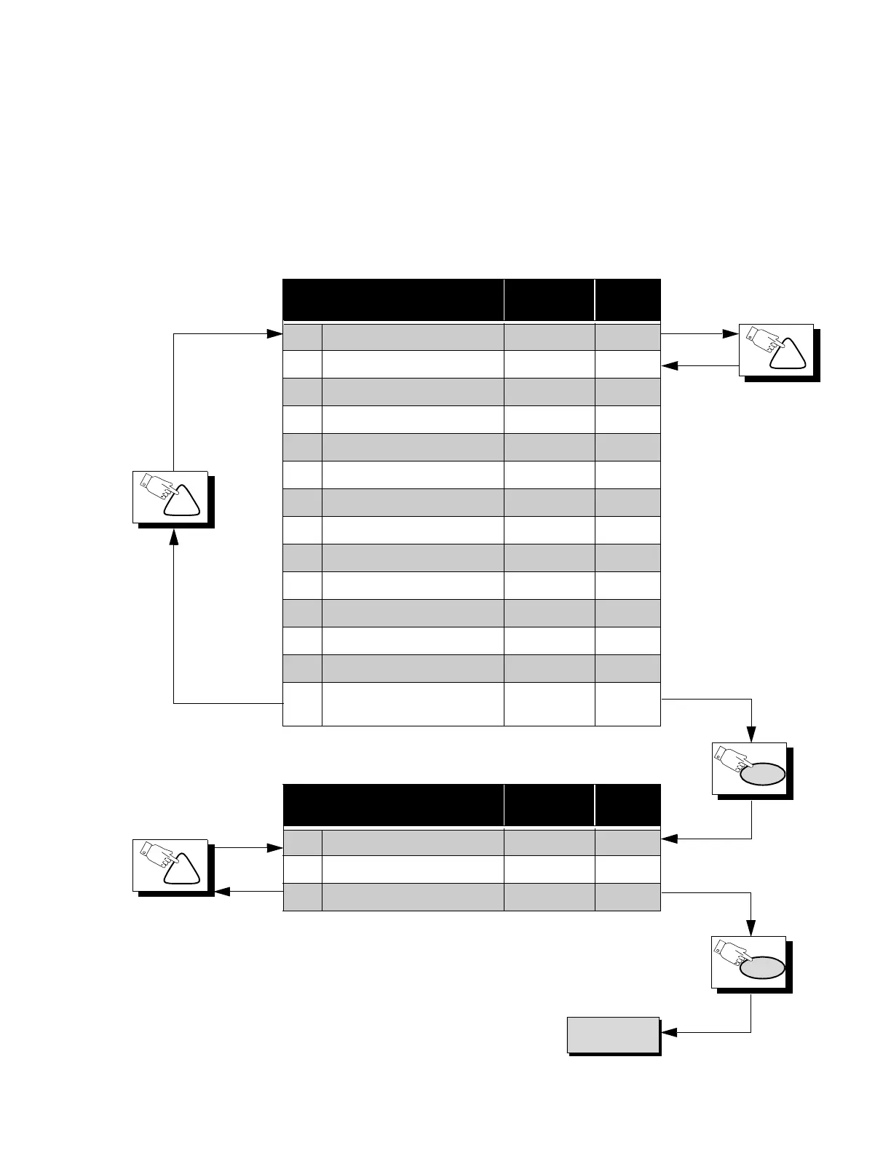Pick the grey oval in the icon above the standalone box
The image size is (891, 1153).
click(x=762, y=967)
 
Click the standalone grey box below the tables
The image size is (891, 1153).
click(x=613, y=1034)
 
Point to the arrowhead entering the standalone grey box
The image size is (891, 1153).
click(x=668, y=1032)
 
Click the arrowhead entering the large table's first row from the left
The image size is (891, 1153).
click(x=274, y=334)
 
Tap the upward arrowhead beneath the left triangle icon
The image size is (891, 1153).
click(x=173, y=537)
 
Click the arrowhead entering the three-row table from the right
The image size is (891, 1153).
click(x=669, y=839)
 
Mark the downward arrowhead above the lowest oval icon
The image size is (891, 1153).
click(x=751, y=929)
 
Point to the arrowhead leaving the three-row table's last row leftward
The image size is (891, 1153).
click(x=223, y=891)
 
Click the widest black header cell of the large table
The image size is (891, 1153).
click(x=393, y=299)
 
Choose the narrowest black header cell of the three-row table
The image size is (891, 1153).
click(x=627, y=805)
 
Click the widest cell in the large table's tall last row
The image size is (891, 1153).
click(x=413, y=704)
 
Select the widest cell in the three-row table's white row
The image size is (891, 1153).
click(x=413, y=869)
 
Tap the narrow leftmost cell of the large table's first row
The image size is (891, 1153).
click(x=302, y=336)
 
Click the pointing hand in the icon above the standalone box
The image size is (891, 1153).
click(x=733, y=955)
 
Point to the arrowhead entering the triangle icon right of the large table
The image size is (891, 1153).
click(x=731, y=334)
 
